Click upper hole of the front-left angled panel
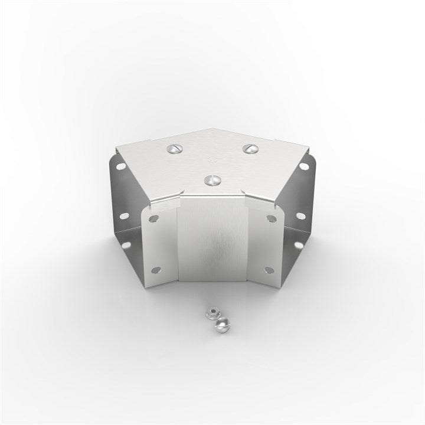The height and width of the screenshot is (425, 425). (x=155, y=218)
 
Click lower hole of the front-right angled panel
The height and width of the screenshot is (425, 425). (x=269, y=269)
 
